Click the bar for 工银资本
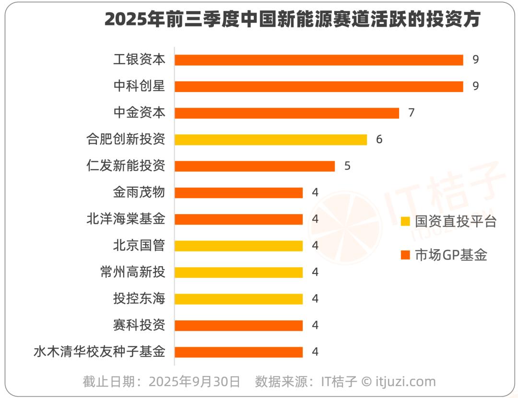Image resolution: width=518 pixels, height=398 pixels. click(318, 60)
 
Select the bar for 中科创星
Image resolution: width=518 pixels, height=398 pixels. click(318, 86)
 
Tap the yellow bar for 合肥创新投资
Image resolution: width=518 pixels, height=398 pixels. click(271, 139)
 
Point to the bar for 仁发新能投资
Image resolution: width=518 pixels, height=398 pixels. click(254, 166)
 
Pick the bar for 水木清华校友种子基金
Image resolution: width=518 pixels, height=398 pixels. click(238, 352)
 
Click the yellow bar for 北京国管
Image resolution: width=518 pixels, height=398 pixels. click(238, 246)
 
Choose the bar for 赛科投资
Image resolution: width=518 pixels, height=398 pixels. click(238, 326)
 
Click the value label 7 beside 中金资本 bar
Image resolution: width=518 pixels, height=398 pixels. click(411, 113)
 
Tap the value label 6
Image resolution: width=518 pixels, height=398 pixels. click(379, 139)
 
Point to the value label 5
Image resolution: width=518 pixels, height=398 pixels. click(347, 166)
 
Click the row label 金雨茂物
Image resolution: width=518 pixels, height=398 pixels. click(139, 193)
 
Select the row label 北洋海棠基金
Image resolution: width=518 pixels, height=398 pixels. click(126, 219)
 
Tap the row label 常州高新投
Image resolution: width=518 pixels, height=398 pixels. click(132, 273)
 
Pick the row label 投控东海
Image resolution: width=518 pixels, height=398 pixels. click(139, 299)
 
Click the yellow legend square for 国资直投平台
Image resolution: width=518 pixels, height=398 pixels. click(405, 222)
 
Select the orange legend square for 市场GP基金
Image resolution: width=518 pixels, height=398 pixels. click(405, 255)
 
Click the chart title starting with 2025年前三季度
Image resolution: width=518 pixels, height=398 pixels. click(292, 20)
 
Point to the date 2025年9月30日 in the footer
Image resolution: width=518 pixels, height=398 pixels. click(194, 382)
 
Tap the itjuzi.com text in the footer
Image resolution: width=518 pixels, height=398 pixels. click(405, 382)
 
